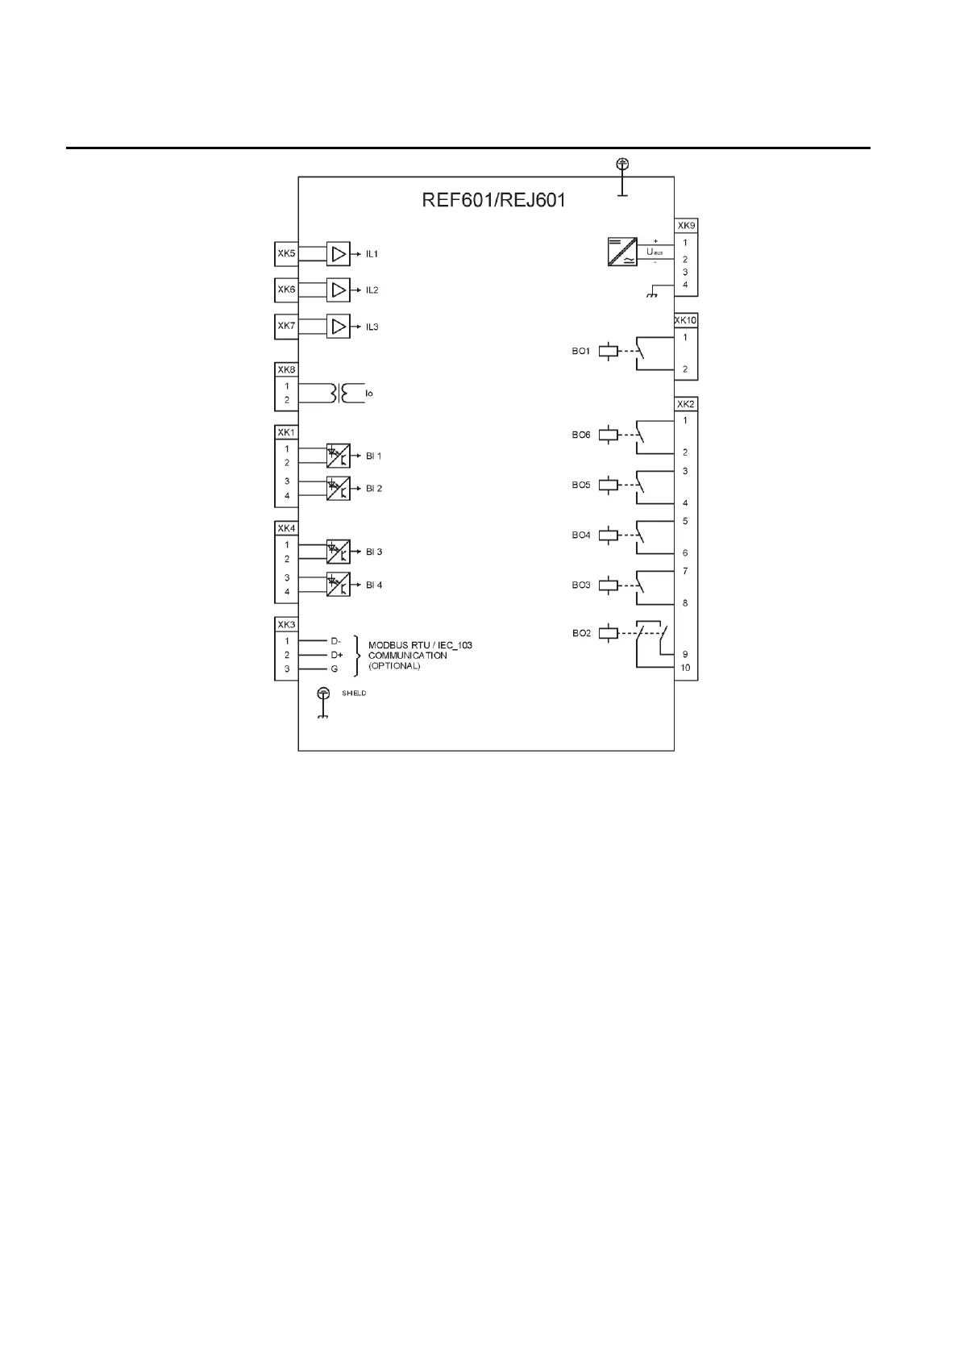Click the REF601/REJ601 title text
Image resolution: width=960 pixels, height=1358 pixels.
click(493, 200)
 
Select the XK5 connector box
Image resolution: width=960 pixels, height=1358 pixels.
click(286, 254)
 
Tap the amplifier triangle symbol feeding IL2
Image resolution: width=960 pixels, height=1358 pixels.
click(339, 290)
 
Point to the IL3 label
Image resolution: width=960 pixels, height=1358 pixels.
click(372, 327)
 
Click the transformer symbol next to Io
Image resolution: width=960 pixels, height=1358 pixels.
click(340, 393)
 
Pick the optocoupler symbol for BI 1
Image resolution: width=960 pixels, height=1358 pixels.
click(339, 456)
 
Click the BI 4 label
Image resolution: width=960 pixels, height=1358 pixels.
click(374, 585)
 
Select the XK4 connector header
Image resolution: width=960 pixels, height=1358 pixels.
click(286, 529)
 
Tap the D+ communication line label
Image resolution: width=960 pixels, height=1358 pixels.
click(336, 656)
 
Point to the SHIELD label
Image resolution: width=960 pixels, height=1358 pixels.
click(354, 694)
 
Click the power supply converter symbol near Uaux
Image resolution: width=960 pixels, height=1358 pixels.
click(621, 251)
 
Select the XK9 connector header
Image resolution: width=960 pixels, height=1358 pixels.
click(686, 226)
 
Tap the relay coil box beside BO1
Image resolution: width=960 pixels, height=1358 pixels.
click(609, 352)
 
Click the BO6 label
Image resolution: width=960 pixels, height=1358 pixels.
click(581, 435)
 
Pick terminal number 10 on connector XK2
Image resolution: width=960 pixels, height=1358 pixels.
click(685, 668)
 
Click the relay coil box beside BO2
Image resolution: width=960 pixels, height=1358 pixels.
click(609, 634)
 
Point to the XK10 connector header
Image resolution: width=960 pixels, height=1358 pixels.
click(686, 321)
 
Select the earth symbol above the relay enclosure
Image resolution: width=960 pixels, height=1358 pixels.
click(622, 165)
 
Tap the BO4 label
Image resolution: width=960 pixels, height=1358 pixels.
click(581, 535)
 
